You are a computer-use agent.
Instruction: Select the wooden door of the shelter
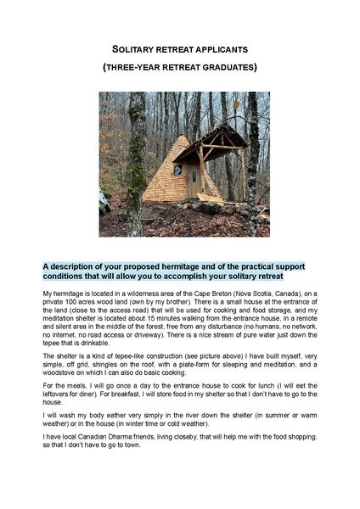pyautogui.click(x=194, y=181)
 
